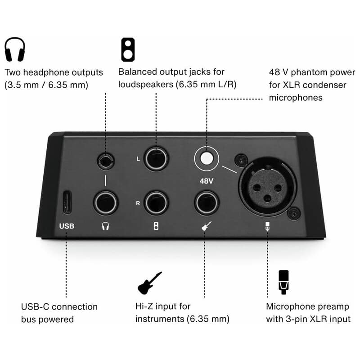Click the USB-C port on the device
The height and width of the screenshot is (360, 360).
(x=67, y=202)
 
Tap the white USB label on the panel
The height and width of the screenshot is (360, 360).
(x=67, y=226)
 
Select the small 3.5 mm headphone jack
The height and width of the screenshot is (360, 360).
(x=106, y=162)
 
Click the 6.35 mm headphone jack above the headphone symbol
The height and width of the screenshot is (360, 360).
(x=106, y=203)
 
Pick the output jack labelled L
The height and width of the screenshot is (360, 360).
(x=156, y=159)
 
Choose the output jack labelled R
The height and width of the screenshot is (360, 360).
(x=156, y=203)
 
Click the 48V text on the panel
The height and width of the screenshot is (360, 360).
(x=207, y=181)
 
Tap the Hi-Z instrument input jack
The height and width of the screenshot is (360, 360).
(x=207, y=203)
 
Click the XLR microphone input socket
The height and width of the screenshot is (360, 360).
(x=267, y=188)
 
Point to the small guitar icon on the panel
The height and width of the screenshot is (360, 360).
(x=206, y=226)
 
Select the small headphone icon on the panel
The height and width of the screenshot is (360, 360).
(x=105, y=226)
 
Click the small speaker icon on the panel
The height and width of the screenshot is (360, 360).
(x=156, y=226)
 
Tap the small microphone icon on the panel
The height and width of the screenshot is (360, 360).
(x=267, y=226)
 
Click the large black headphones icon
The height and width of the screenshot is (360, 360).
(x=15, y=49)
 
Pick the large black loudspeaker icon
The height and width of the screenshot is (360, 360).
(x=128, y=49)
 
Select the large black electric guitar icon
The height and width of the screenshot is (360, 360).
(x=150, y=283)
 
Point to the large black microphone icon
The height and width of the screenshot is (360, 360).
(x=283, y=282)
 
